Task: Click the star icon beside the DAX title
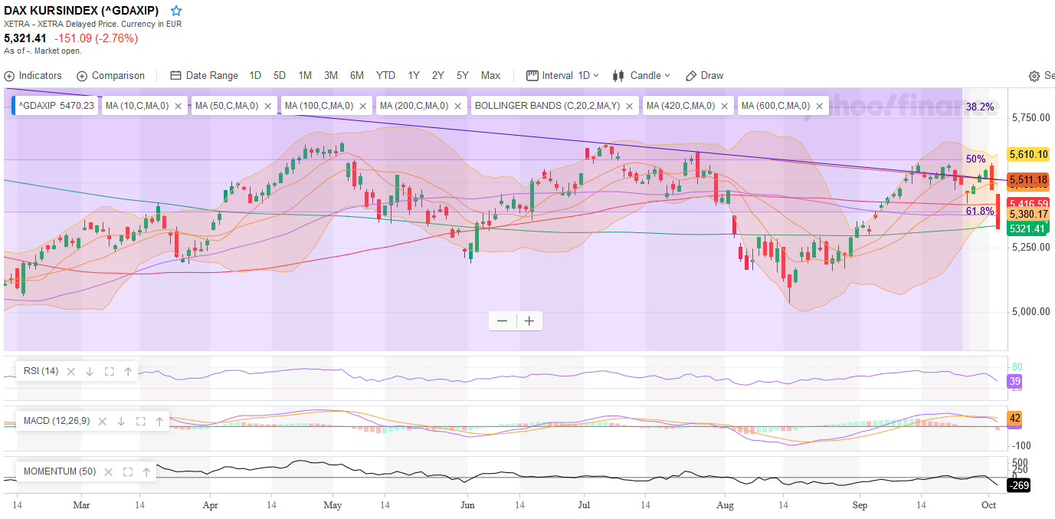click(x=176, y=11)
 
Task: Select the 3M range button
click(x=331, y=75)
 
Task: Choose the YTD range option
click(x=385, y=75)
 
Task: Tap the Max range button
click(x=490, y=75)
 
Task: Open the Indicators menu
click(x=33, y=75)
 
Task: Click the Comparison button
click(x=110, y=75)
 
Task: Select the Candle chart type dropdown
click(x=641, y=75)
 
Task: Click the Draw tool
click(x=704, y=75)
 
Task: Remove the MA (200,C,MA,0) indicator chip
click(x=459, y=106)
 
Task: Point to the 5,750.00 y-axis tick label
click(x=1030, y=118)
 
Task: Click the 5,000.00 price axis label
click(x=1030, y=312)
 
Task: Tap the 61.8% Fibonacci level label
click(x=980, y=211)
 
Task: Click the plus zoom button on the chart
click(x=529, y=320)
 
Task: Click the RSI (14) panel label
click(x=41, y=371)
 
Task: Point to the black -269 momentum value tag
click(x=1018, y=485)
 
